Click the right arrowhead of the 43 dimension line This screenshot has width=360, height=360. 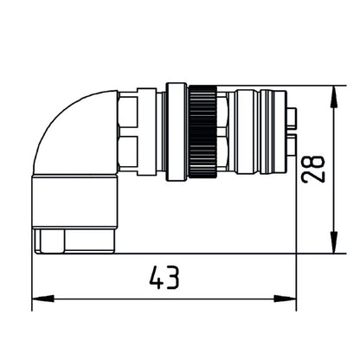[x=290, y=299]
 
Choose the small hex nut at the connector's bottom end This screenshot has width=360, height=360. [x=66, y=241]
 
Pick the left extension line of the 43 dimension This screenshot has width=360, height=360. [x=32, y=277]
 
